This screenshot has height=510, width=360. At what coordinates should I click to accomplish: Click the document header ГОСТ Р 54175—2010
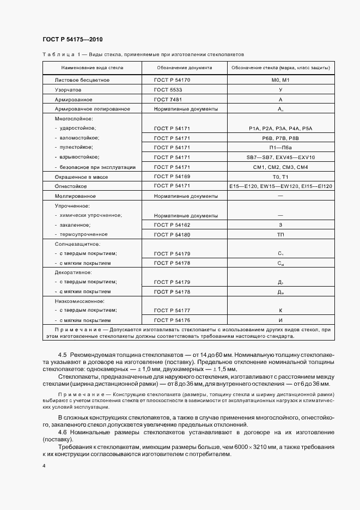[x=72, y=39]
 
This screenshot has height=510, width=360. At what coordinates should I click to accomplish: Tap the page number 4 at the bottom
[x=44, y=466]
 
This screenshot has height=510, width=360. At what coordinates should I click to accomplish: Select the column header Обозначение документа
[x=184, y=68]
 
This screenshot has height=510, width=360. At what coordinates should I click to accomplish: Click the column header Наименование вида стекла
[x=92, y=68]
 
